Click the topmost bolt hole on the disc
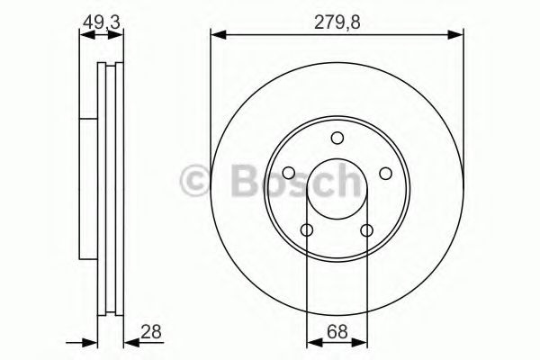click(x=337, y=138)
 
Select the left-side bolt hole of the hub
click(x=288, y=174)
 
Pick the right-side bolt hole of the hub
click(x=385, y=174)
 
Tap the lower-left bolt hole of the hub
click(x=307, y=230)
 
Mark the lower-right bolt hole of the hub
click(x=366, y=230)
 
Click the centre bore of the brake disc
click(x=337, y=189)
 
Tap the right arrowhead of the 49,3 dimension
click(x=121, y=35)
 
